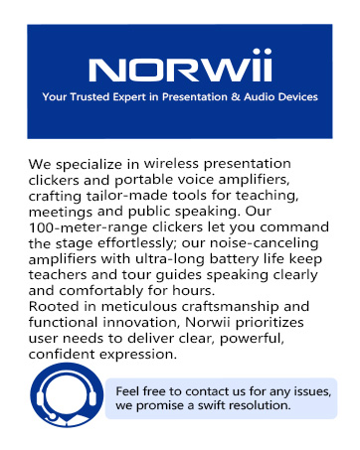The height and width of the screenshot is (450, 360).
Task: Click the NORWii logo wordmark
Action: click(x=180, y=70)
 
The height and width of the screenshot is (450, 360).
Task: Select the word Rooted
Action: click(x=56, y=307)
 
